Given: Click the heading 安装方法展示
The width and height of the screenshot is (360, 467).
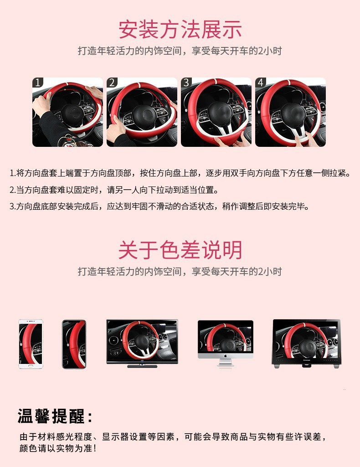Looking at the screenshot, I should coord(180,29).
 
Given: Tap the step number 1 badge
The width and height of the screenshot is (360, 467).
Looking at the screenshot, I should coord(38,83).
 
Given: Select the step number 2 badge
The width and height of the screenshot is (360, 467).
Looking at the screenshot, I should coord(113,83).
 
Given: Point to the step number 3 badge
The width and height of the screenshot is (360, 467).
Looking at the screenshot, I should coord(186,83).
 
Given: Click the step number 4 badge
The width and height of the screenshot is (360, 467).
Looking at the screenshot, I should coord(261,83).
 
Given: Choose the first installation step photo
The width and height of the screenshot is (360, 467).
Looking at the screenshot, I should coord(67,112).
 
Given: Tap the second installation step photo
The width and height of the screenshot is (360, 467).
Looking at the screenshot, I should coord(142,112).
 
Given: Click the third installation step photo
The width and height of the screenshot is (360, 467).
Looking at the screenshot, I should coord(216,112).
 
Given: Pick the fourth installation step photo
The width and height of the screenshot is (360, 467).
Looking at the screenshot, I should coord(290,112).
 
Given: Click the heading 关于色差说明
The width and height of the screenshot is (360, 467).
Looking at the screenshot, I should coord(180,250).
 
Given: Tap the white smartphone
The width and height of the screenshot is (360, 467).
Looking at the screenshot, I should coord(31,344).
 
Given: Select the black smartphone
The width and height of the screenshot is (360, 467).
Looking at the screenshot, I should coord(74,344).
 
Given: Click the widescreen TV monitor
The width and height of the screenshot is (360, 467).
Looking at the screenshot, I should coord(142,342).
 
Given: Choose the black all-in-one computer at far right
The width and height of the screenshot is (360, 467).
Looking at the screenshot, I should coord(306,343).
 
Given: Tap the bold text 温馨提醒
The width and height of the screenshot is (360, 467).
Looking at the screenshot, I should coord(55,416).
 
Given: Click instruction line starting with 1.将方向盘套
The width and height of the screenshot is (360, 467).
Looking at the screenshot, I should coord(180,173).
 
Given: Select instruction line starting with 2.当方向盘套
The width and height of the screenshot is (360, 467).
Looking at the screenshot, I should coord(114,190).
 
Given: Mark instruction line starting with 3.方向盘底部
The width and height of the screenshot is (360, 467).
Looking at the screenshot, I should coord(159,206).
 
